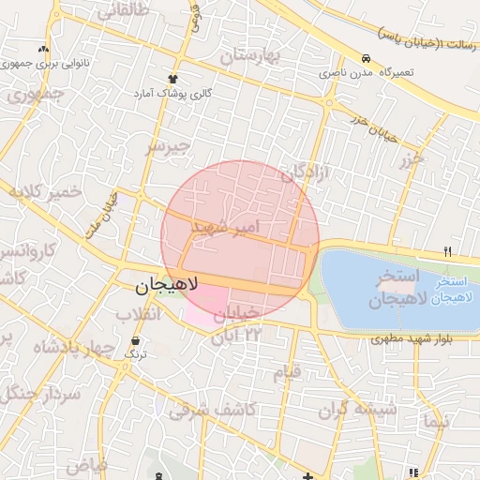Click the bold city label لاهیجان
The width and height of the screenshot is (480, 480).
(x=160, y=282)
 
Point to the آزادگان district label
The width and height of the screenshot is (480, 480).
(x=306, y=172)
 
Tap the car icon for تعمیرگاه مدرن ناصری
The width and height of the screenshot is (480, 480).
(x=365, y=57)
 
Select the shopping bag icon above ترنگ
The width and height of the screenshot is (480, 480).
(x=138, y=340)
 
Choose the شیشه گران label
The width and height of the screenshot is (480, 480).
(x=356, y=409)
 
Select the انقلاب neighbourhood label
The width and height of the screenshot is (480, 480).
(x=161, y=315)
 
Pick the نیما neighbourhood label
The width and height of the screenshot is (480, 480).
(x=437, y=422)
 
